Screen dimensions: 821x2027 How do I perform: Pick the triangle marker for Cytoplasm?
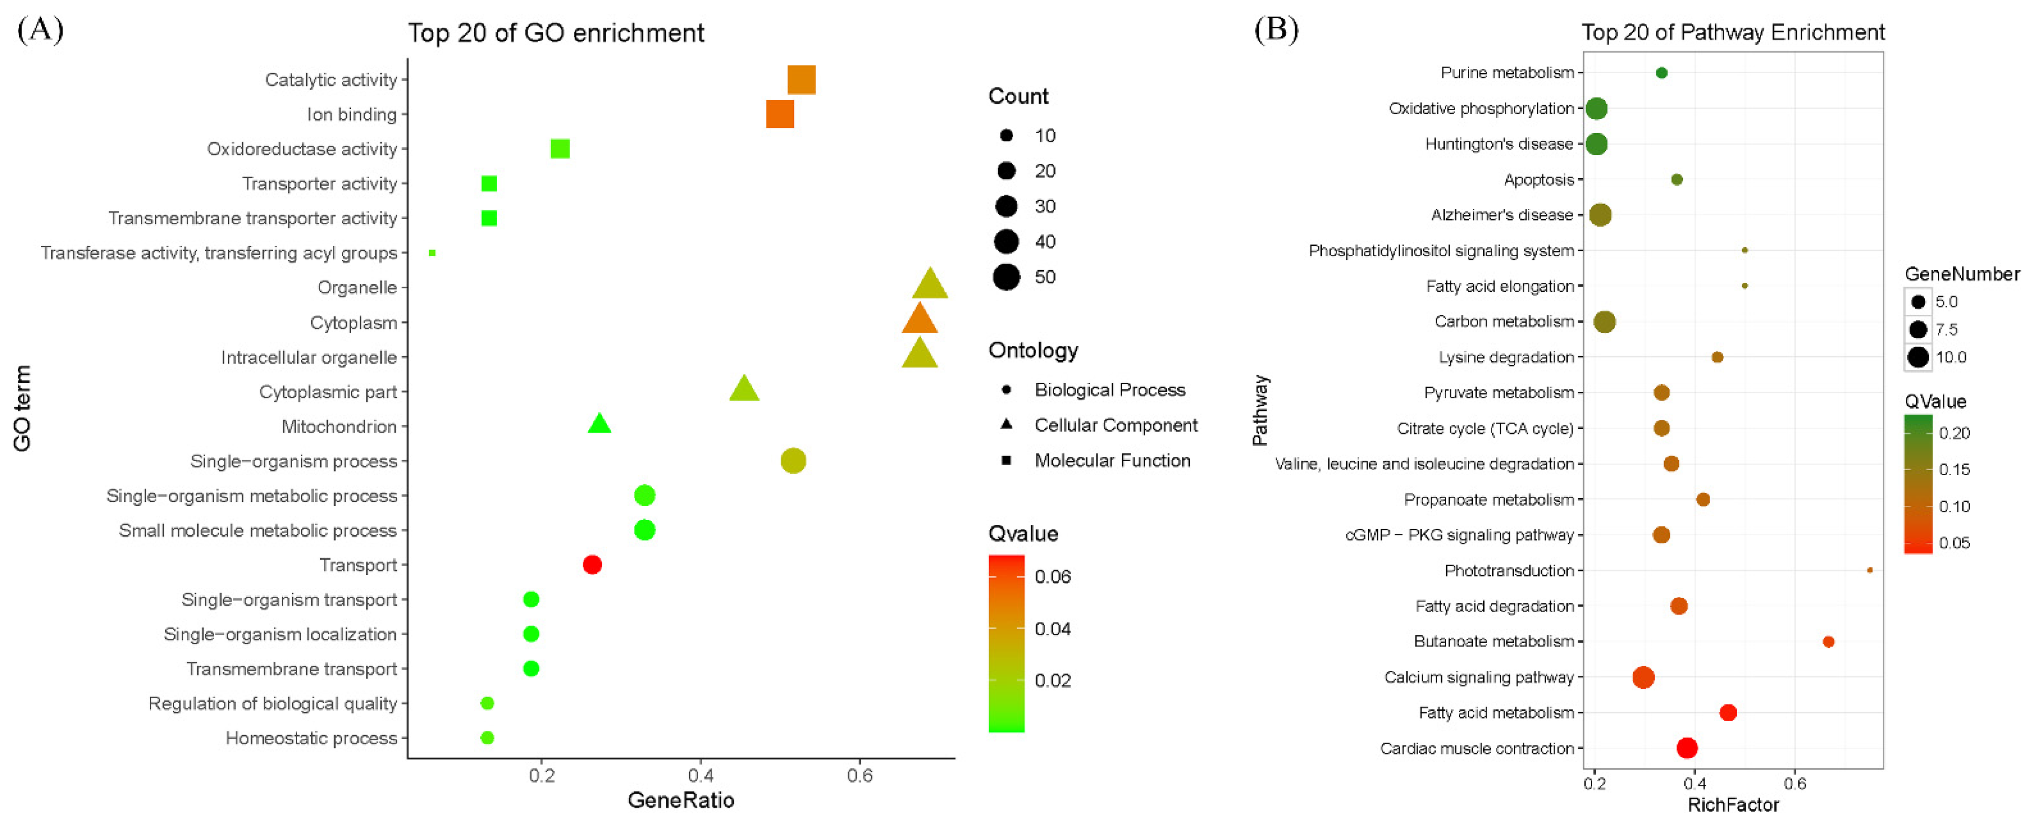pos(919,320)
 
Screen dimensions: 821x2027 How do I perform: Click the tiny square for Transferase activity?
pos(432,252)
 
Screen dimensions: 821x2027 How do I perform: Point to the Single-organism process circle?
pos(793,460)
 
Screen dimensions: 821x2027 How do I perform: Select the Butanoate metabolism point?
pos(1828,642)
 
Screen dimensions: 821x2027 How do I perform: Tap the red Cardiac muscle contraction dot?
pos(1686,748)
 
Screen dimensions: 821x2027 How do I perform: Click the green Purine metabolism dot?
pos(1661,72)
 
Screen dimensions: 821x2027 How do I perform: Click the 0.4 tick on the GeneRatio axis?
pos(701,775)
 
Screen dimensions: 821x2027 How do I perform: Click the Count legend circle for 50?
pos(1006,277)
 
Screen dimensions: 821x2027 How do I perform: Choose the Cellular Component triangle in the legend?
pos(1006,425)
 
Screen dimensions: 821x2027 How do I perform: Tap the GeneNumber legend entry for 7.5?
pos(1919,329)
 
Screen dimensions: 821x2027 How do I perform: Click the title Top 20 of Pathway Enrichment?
pos(1733,32)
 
